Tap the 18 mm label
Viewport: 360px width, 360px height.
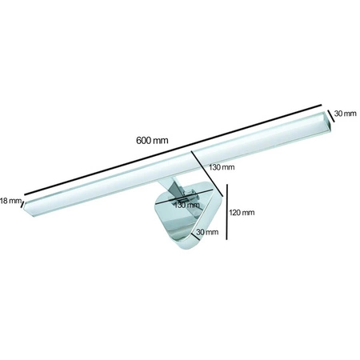pos(10,200)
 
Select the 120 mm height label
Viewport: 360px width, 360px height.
pos(241,213)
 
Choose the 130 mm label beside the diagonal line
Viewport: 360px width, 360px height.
pos(222,167)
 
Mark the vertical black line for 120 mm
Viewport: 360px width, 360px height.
pos(228,212)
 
